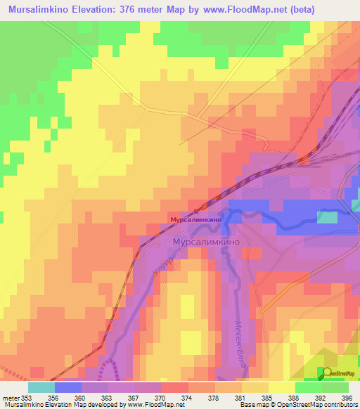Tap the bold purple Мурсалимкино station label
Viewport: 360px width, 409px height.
click(196, 220)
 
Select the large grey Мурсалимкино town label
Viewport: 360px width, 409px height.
click(207, 241)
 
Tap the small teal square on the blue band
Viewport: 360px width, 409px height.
click(326, 217)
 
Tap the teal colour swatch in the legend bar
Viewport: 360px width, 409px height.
click(41, 387)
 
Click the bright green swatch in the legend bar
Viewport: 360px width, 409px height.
click(308, 387)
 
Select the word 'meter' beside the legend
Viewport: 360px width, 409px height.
click(11, 396)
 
